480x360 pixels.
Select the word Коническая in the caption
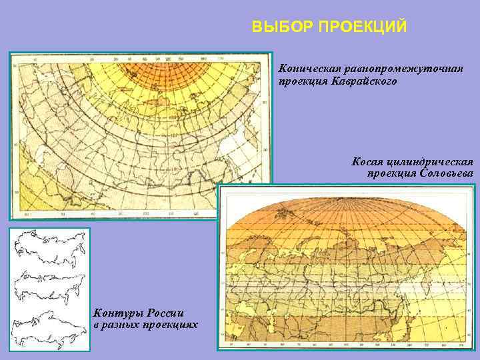[309, 69]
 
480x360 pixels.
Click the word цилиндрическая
[431, 161]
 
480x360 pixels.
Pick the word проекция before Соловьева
[391, 173]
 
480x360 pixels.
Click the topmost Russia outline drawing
[49, 245]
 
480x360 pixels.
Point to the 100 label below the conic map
[145, 215]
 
